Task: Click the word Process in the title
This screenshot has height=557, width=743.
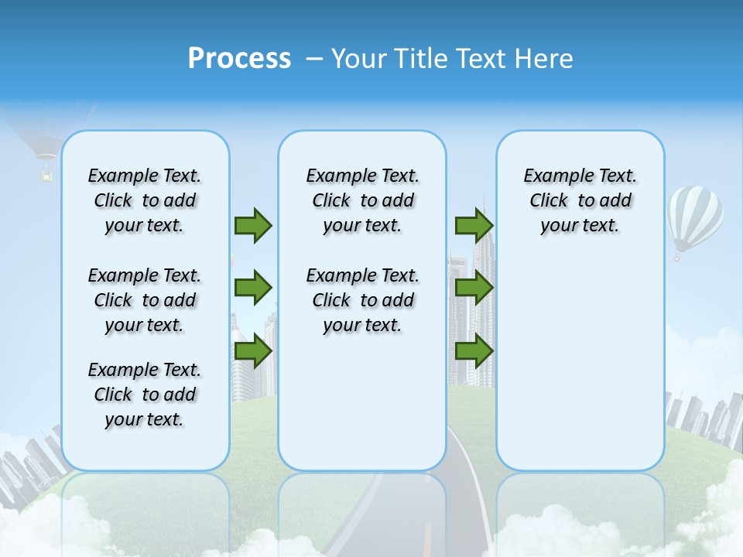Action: click(x=239, y=58)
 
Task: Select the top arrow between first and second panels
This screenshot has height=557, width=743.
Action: click(x=253, y=225)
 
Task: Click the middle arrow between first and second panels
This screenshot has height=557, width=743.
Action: click(x=253, y=288)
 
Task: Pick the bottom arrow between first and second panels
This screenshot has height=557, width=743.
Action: click(x=253, y=351)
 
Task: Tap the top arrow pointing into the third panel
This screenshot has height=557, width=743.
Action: click(x=474, y=225)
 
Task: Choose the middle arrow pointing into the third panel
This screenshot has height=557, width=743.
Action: click(x=474, y=288)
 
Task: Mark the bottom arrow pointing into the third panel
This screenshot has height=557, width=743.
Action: click(x=474, y=351)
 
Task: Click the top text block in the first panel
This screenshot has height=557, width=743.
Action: click(x=145, y=200)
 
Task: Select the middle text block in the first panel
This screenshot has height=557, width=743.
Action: click(x=145, y=300)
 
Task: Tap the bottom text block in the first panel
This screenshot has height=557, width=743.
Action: click(x=145, y=395)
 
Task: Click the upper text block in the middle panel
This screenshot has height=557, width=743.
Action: click(x=362, y=200)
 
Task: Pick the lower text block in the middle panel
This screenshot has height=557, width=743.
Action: click(x=362, y=300)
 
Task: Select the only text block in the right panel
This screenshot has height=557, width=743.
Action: click(x=580, y=200)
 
